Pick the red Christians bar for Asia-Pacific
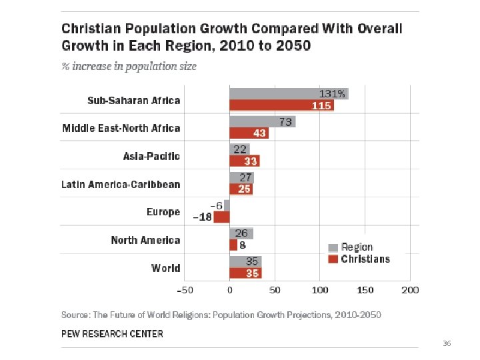click(245, 161)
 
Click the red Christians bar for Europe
click(221, 217)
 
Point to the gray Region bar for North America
click(241, 233)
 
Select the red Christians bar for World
click(245, 273)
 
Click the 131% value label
click(332, 94)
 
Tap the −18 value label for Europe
click(203, 217)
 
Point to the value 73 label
click(285, 122)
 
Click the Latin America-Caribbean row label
click(121, 184)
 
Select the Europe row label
click(163, 212)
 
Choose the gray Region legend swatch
click(334, 247)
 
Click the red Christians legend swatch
click(334, 259)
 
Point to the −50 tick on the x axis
click(185, 290)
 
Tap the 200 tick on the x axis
click(410, 290)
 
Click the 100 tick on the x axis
click(320, 290)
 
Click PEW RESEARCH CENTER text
click(112, 333)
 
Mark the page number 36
click(447, 343)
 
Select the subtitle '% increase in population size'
click(129, 67)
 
